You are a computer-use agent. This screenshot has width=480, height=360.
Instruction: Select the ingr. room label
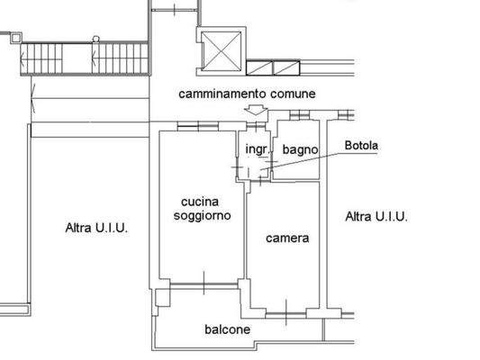(256, 148)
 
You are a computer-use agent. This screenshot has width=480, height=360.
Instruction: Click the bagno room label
(298, 148)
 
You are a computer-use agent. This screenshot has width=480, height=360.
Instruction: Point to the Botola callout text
(362, 146)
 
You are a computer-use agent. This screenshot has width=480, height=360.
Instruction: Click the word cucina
(200, 202)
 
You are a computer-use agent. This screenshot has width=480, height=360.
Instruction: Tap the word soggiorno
(202, 216)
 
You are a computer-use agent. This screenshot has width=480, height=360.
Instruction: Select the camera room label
(287, 238)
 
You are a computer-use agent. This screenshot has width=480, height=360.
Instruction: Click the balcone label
(227, 329)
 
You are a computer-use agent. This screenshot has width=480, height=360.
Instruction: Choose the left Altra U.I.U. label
(96, 229)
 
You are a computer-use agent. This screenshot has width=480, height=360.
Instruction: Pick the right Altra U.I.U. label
(377, 217)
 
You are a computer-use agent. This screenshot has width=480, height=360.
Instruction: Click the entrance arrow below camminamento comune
(256, 111)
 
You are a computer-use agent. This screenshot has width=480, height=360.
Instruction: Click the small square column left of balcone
(161, 295)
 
